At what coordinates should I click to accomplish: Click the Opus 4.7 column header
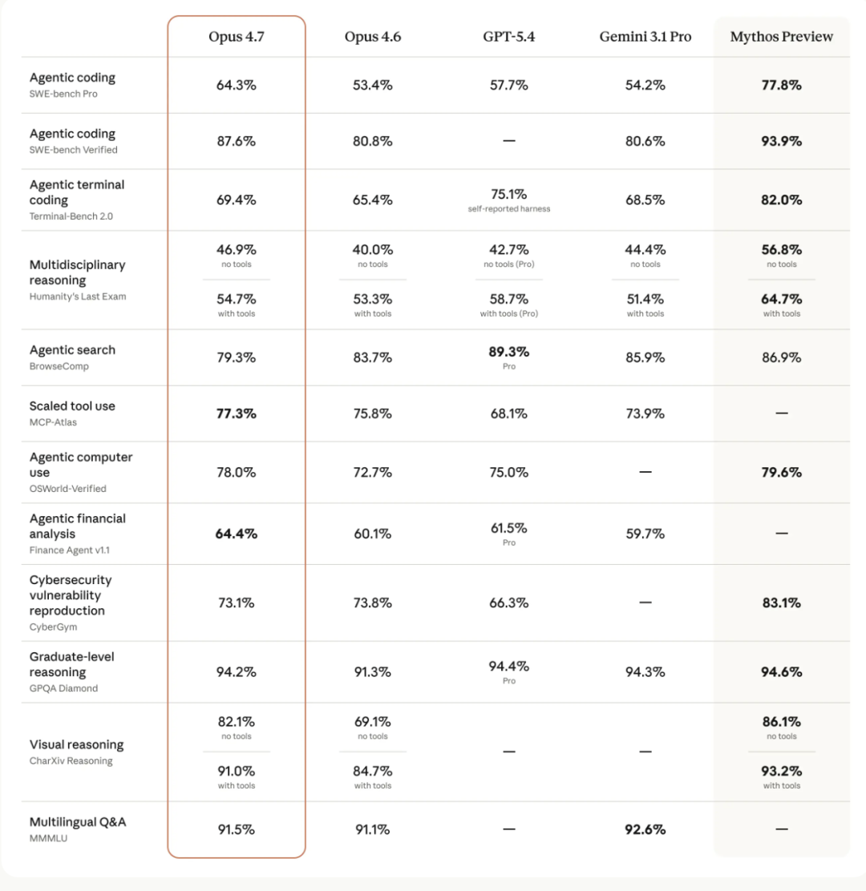(237, 37)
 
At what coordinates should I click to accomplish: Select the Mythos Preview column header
(781, 37)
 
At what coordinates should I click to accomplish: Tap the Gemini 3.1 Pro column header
(645, 37)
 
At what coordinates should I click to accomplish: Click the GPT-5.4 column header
(509, 37)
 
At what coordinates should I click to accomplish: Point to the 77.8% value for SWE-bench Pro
(781, 85)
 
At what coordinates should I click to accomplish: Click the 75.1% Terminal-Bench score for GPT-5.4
(509, 194)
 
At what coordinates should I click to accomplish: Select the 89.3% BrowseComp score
(509, 352)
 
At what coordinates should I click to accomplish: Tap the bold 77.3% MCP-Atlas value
(237, 413)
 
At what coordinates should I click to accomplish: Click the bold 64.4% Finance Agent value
(237, 534)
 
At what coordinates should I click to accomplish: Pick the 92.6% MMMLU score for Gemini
(645, 829)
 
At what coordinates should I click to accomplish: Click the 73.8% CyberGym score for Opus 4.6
(373, 603)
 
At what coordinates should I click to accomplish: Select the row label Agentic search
(72, 350)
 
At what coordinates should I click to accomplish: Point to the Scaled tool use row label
(72, 406)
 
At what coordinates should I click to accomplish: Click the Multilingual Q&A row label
(78, 822)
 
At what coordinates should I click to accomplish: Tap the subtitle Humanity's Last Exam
(78, 296)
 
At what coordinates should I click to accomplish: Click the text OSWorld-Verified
(67, 489)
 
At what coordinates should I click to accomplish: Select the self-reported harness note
(509, 209)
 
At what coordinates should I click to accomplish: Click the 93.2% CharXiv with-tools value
(781, 771)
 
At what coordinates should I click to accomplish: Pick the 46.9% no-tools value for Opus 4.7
(237, 250)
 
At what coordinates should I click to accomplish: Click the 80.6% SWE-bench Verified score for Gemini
(645, 141)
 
